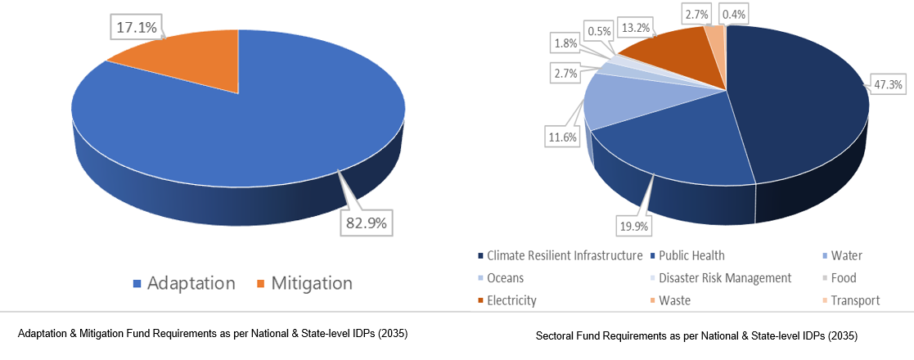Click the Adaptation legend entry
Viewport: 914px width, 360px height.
coord(183,284)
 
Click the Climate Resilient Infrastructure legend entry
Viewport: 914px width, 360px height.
coord(564,255)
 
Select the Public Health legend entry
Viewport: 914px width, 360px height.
coord(691,255)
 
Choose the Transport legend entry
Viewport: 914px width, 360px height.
coord(855,300)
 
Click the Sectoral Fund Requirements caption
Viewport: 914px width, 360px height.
coord(696,336)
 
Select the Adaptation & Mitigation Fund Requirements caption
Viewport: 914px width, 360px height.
coord(213,334)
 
